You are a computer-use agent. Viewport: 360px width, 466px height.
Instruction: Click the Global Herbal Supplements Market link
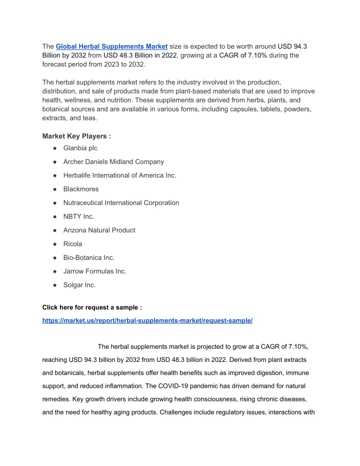point(111,47)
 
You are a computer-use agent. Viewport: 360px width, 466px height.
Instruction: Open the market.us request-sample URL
point(147,320)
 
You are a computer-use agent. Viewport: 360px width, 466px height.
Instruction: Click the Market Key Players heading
point(76,136)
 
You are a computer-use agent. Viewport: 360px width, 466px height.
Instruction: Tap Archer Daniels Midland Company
point(113,162)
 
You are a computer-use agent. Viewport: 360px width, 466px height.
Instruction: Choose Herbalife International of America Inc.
point(119,175)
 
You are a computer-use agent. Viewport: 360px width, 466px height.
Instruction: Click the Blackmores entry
point(81,189)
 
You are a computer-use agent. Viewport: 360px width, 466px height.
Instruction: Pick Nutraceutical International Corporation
point(121,203)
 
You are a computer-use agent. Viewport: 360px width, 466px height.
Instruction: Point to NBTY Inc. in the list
point(78,217)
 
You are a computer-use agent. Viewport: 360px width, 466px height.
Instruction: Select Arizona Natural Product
point(99,230)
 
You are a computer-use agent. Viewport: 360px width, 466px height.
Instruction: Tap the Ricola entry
point(73,244)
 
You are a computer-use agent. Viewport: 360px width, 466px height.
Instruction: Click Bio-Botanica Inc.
point(89,258)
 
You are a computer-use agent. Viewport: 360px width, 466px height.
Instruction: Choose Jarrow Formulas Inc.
point(94,271)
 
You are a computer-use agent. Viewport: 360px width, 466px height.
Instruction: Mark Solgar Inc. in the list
point(79,285)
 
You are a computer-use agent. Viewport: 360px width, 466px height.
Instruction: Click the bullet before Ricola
point(53,244)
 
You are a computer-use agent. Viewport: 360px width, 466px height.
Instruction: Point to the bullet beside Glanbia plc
point(53,149)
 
